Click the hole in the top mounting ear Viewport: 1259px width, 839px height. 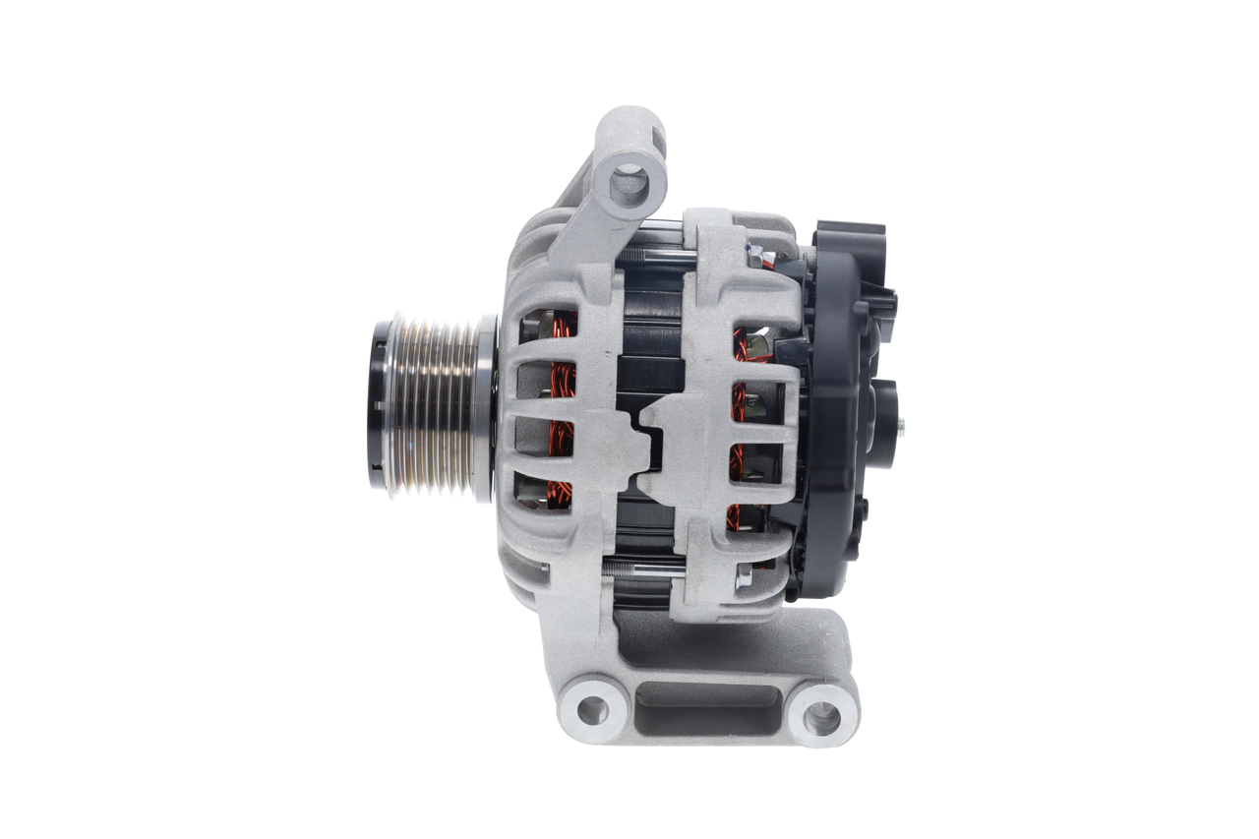[629, 180]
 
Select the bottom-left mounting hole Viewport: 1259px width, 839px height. [592, 708]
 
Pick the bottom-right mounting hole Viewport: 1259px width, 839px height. [821, 717]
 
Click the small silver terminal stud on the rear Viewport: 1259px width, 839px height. [902, 425]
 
